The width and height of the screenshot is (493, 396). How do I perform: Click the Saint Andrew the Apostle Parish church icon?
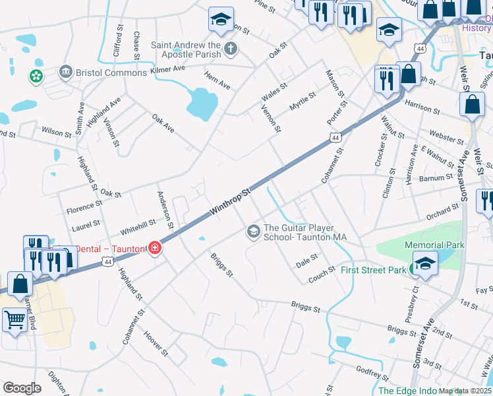(x=231, y=48)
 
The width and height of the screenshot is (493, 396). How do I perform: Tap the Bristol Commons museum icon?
(x=65, y=71)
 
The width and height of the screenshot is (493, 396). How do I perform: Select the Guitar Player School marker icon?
(x=253, y=232)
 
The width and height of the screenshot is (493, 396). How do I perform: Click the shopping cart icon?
(x=16, y=320)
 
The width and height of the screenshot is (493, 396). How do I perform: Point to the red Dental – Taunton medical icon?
(x=154, y=248)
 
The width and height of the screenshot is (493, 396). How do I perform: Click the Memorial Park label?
(x=434, y=245)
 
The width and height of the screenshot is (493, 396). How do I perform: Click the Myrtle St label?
(x=304, y=102)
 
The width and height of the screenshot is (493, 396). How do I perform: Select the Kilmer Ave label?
(x=168, y=69)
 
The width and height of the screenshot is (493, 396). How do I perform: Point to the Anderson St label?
(x=165, y=210)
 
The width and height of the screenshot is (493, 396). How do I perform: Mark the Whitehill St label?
(x=138, y=228)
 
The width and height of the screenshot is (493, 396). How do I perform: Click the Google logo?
(x=22, y=389)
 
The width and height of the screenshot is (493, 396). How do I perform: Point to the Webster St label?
(x=447, y=139)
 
